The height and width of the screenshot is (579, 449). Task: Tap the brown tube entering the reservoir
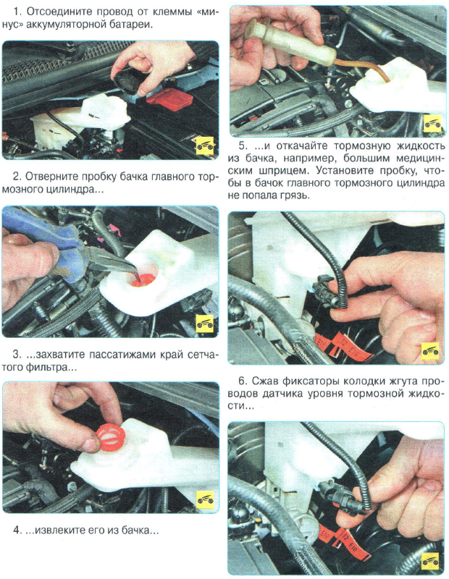(369, 69)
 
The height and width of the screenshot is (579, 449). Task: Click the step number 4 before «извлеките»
(16, 531)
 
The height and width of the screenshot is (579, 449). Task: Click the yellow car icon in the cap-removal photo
(205, 146)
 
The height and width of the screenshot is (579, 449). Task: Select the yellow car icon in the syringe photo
(432, 123)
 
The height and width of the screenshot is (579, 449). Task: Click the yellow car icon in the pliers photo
(205, 324)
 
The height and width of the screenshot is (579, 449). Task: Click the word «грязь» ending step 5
(295, 195)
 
